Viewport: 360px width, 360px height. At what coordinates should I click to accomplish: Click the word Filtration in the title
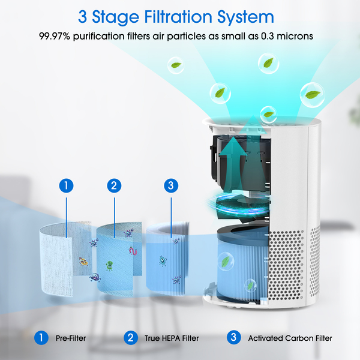click(x=178, y=17)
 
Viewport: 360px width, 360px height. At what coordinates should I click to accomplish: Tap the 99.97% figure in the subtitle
click(x=55, y=36)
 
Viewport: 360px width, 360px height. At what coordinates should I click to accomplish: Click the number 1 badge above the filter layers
click(x=67, y=185)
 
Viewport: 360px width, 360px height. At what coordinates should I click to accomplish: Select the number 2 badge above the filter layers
click(x=114, y=185)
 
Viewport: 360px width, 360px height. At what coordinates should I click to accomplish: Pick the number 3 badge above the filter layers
click(x=171, y=185)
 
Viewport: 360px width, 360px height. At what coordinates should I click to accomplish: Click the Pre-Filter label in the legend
click(x=71, y=338)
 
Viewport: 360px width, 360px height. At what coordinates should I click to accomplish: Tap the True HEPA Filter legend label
click(x=172, y=338)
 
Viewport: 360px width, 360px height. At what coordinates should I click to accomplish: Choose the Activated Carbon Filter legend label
click(x=290, y=338)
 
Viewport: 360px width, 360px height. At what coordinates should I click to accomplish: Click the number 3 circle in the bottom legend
click(x=234, y=337)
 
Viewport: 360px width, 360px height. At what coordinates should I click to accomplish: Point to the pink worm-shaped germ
click(x=133, y=251)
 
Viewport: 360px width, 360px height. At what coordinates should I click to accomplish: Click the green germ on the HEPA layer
click(x=109, y=266)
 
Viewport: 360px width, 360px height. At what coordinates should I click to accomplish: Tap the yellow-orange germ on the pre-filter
click(x=83, y=262)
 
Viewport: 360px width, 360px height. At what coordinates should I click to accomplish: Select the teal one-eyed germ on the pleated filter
click(x=163, y=261)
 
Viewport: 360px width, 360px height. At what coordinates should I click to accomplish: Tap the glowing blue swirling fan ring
click(x=239, y=205)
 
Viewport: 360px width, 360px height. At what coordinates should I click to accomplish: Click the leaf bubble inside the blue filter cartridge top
click(x=226, y=261)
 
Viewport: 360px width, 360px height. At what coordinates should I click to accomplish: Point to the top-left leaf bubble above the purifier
click(x=176, y=65)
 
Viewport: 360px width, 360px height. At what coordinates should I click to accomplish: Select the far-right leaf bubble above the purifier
click(x=312, y=95)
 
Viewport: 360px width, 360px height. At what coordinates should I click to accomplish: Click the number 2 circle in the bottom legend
click(x=131, y=338)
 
